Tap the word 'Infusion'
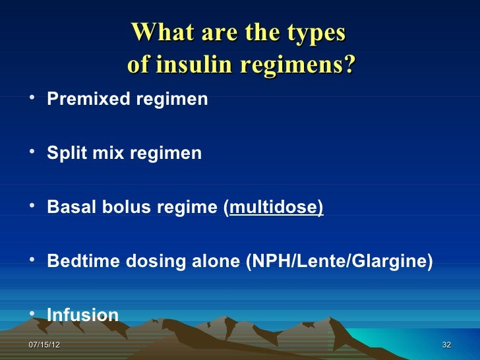(83, 316)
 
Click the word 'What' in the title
(161, 33)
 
